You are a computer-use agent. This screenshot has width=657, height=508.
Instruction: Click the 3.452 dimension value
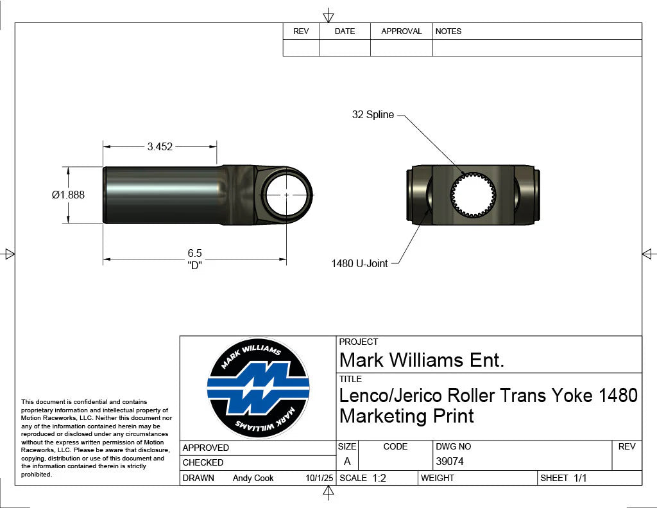(160, 146)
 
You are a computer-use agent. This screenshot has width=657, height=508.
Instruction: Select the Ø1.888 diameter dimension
(68, 195)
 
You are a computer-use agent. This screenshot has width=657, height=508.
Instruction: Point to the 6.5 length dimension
(195, 253)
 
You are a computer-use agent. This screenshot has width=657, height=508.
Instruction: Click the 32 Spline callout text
(372, 114)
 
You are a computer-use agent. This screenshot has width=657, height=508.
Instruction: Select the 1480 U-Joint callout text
(359, 263)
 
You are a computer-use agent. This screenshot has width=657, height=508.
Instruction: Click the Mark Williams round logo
(258, 389)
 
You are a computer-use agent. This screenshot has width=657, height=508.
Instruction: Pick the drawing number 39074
(449, 461)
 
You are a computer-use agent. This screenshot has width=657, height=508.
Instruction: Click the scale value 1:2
(379, 478)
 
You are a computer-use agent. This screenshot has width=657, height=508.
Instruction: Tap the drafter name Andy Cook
(253, 478)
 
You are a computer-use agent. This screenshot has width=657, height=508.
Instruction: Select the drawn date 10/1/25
(319, 478)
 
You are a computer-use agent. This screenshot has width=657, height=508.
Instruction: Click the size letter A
(347, 461)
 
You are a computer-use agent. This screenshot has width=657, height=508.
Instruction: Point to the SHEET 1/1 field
(564, 478)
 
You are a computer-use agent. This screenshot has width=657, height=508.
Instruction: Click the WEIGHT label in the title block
(438, 478)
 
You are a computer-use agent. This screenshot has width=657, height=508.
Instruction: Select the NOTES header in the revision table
(448, 31)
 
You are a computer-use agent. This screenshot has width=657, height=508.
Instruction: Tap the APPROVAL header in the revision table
(401, 31)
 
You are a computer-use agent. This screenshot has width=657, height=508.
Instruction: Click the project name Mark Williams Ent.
(422, 360)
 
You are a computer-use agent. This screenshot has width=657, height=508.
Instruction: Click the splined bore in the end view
(474, 195)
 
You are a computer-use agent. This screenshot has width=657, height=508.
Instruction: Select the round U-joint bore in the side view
(286, 194)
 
